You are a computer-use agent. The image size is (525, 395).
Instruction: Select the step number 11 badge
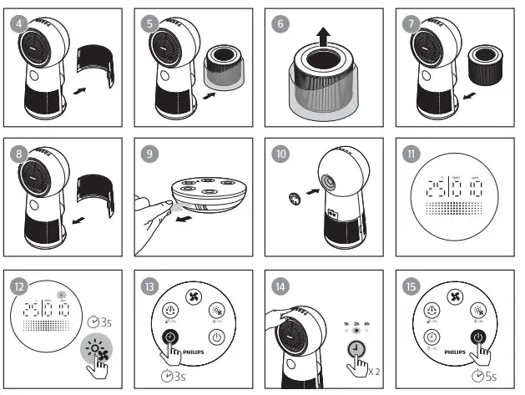click(x=411, y=154)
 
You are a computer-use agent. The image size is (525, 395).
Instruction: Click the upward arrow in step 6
click(x=323, y=36)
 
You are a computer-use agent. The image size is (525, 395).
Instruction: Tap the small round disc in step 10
click(x=293, y=199)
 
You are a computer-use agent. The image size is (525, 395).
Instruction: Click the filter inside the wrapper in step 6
click(x=325, y=84)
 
